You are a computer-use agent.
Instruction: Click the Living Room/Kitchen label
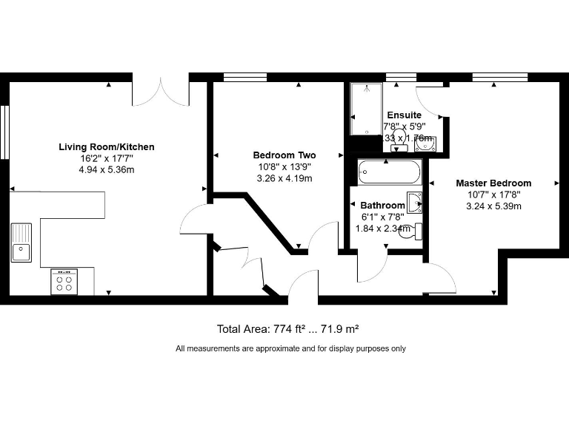click(x=107, y=147)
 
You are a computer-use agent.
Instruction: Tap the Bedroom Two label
click(x=284, y=155)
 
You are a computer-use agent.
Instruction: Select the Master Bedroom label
click(x=493, y=183)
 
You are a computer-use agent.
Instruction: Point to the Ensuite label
click(x=404, y=115)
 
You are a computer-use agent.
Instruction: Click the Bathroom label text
click(x=382, y=205)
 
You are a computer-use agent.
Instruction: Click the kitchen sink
click(x=21, y=243)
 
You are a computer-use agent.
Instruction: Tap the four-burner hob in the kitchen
click(x=64, y=282)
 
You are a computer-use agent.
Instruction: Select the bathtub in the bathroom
click(x=389, y=172)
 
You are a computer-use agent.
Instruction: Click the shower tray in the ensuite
click(x=365, y=108)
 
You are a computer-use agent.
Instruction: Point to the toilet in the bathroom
click(x=417, y=231)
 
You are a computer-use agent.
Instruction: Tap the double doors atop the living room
click(x=161, y=92)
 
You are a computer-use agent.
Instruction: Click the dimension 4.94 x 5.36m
click(x=107, y=169)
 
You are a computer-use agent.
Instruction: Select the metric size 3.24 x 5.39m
click(x=493, y=206)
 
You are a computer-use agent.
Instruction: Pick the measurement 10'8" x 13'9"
click(x=284, y=166)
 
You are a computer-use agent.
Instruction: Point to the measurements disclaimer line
click(x=290, y=348)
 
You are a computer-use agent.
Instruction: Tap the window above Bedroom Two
click(x=244, y=77)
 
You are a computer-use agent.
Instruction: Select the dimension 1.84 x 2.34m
click(x=382, y=228)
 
